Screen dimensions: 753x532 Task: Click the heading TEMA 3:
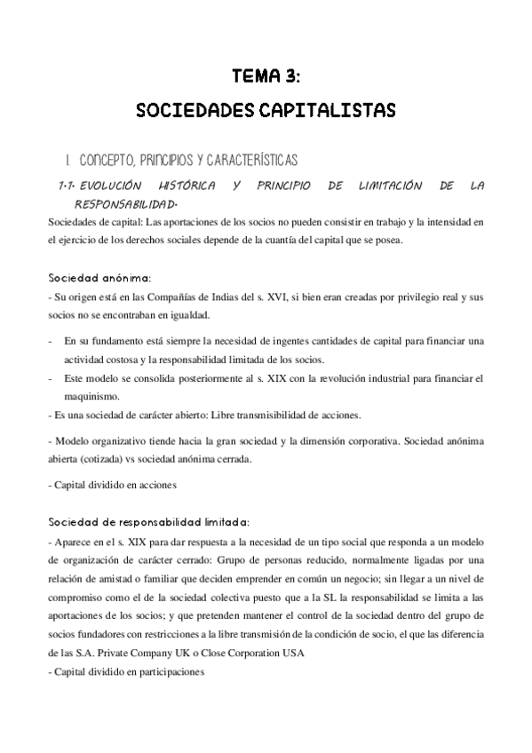pos(266,77)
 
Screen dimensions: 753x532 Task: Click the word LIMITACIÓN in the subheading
pos(386,186)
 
